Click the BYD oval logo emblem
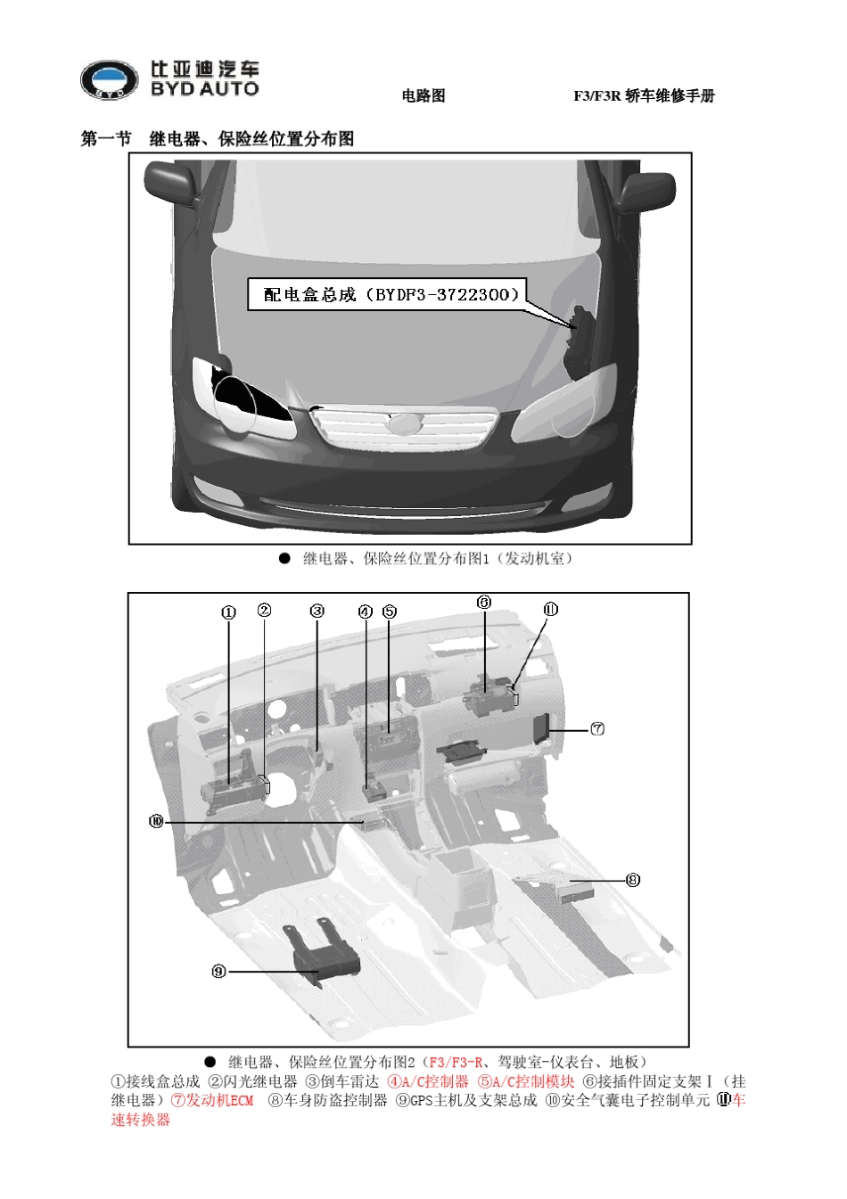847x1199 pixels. click(110, 79)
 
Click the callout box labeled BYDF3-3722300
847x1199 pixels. click(387, 294)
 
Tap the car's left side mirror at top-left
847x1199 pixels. click(172, 185)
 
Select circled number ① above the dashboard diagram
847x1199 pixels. click(228, 612)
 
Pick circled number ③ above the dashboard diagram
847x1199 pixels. click(317, 611)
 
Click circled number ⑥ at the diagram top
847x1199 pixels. click(484, 603)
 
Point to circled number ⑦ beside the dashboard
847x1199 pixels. click(597, 728)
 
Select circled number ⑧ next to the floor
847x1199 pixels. click(633, 880)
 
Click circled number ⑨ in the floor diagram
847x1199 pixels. click(219, 971)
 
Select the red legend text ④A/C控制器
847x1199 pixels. click(428, 1081)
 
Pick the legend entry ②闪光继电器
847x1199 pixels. click(252, 1081)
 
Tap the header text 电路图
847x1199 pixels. click(423, 95)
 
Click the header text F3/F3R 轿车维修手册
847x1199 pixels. click(644, 95)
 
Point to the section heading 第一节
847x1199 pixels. click(105, 139)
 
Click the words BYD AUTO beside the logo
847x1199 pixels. click(205, 89)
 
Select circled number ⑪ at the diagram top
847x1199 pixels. click(551, 609)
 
